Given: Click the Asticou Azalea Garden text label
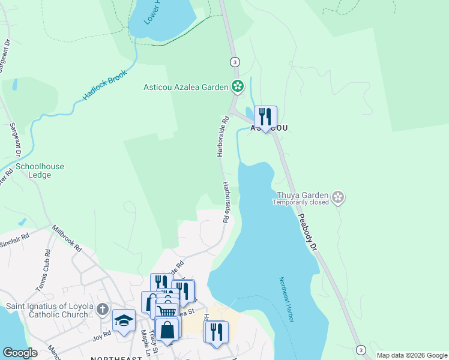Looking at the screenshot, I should coord(185,87).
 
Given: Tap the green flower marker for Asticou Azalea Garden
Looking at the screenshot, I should coord(238,87).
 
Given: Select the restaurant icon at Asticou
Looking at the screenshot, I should coord(265,117).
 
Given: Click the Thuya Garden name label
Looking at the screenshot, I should coord(303,195).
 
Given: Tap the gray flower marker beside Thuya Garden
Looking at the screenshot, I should coord(339,197).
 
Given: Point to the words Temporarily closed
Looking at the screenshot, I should coord(301,203).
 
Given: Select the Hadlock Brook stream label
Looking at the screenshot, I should coord(106,86).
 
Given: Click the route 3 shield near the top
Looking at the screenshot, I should coord(235,62).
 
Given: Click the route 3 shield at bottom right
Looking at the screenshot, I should coord(360,350).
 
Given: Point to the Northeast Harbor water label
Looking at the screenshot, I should coord(286,299).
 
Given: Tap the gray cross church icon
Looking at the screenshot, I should coord(103,310).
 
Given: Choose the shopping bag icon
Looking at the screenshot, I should coord(167,330).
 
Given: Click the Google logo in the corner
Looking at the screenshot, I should coord(20,353).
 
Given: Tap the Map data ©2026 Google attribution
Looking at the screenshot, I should coord(411,355).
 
